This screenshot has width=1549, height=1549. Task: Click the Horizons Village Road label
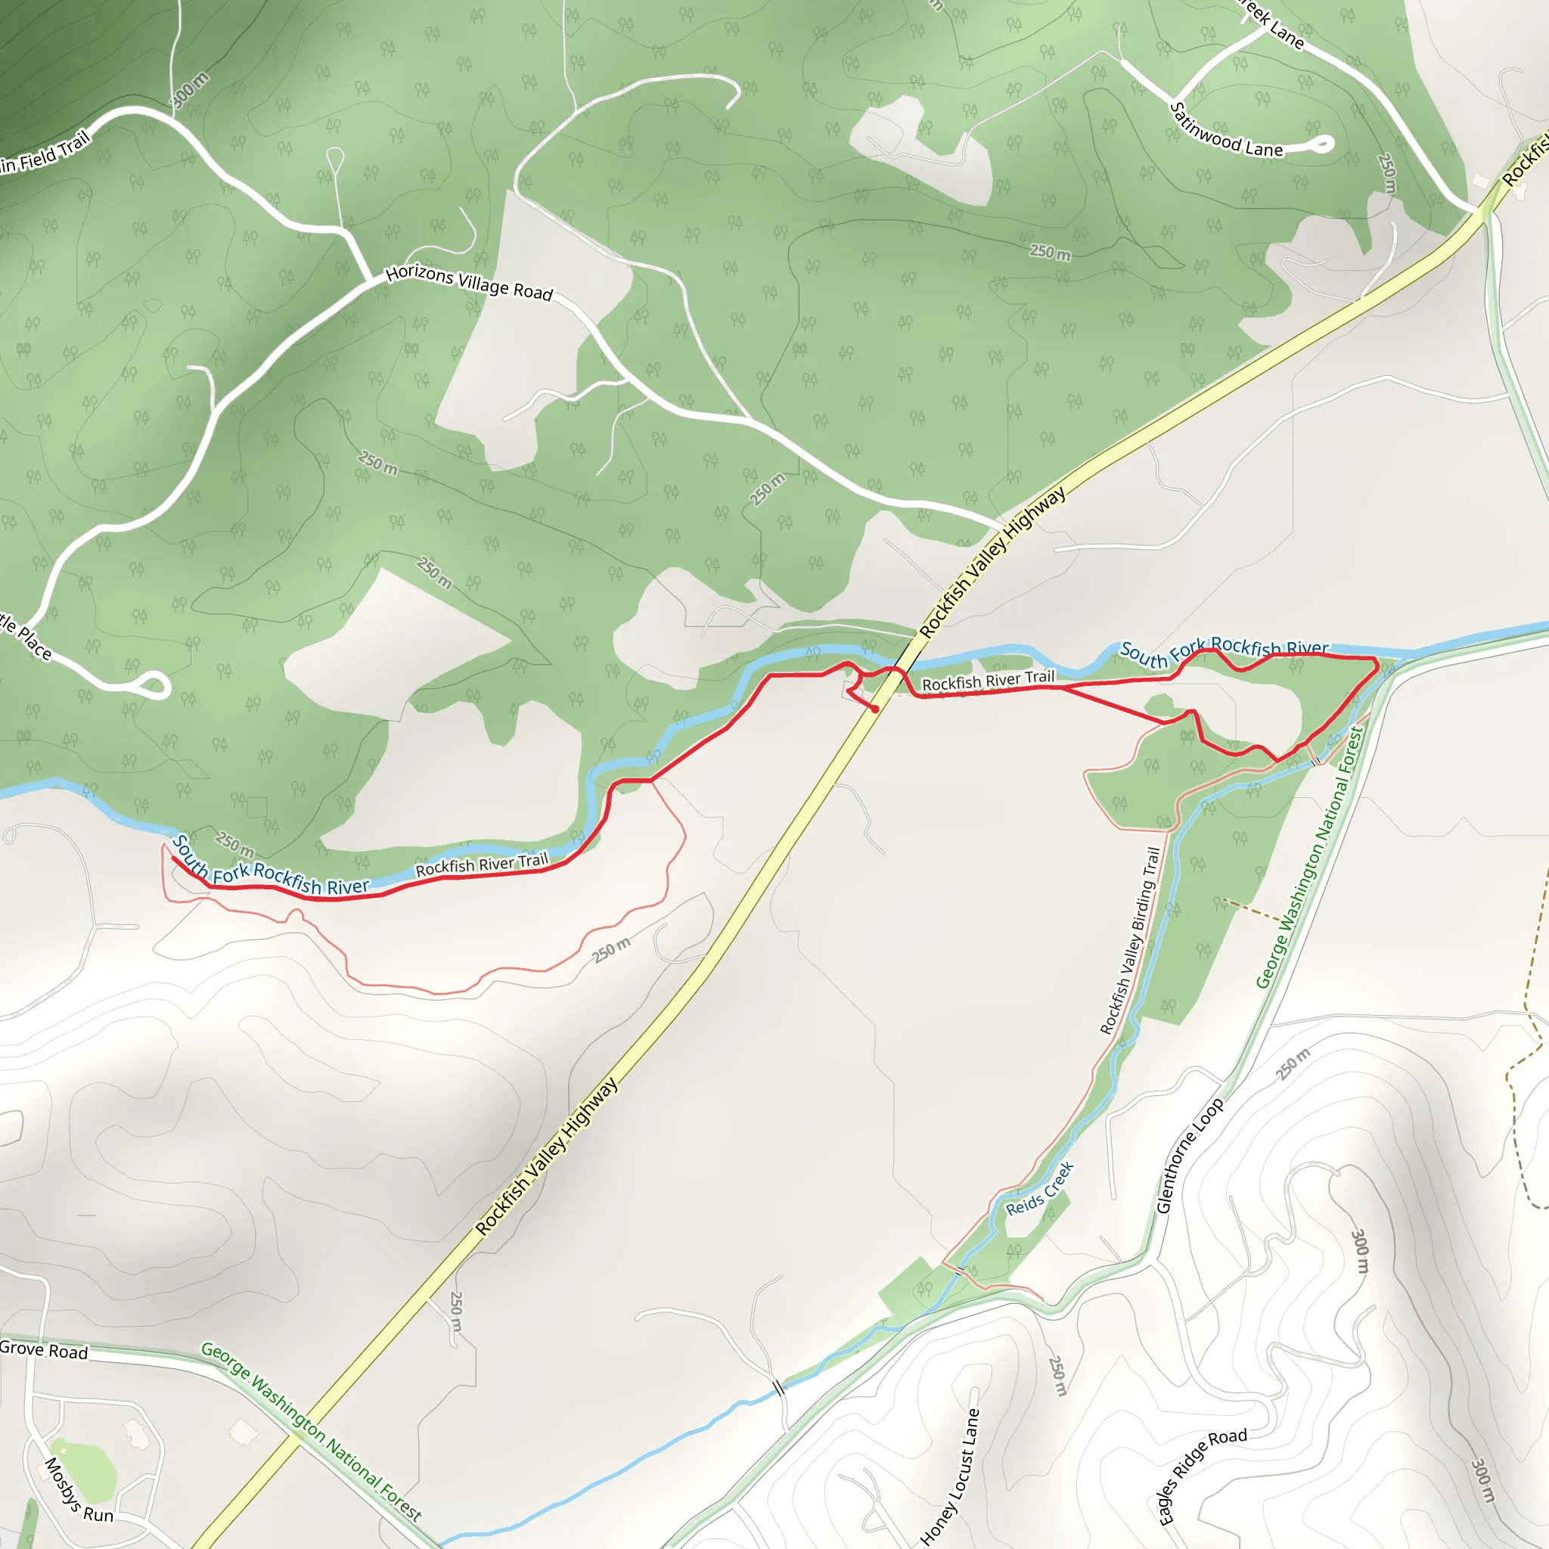click(x=469, y=283)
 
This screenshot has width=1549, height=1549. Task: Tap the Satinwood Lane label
click(x=1226, y=132)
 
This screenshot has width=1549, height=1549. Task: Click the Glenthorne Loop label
click(x=1190, y=1154)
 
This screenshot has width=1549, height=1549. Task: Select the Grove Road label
click(x=44, y=1350)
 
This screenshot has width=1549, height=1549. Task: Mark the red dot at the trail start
click(x=875, y=709)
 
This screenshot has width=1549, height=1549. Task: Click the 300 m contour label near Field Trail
click(x=191, y=90)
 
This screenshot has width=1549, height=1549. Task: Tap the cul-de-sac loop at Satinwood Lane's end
click(x=1321, y=144)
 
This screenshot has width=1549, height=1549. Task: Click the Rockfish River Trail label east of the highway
click(x=988, y=681)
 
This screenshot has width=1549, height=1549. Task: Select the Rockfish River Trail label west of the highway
click(x=481, y=865)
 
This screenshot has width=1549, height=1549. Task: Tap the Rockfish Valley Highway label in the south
click(x=546, y=1156)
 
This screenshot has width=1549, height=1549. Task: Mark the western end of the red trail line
click(x=172, y=858)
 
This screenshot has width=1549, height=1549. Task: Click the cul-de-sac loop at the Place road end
click(x=155, y=685)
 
